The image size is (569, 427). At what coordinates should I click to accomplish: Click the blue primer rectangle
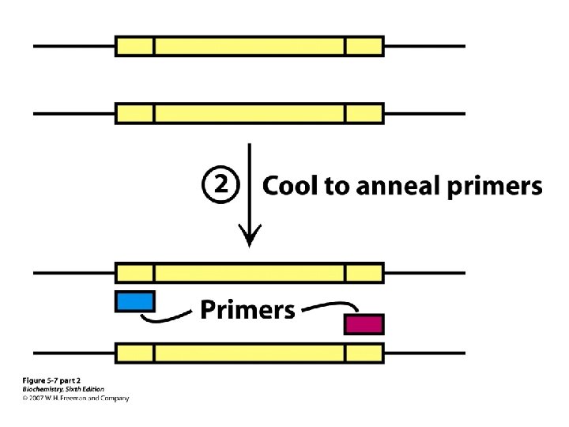(x=135, y=301)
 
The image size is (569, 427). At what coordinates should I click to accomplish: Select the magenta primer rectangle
(x=364, y=324)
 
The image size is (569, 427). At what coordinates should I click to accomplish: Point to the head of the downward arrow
(x=250, y=236)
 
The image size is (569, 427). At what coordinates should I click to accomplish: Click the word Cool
(x=288, y=187)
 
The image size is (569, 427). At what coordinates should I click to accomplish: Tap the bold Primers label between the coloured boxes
(x=247, y=309)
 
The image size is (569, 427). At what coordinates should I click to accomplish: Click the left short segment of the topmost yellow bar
(x=135, y=46)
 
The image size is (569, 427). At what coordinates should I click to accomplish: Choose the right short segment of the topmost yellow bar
(x=364, y=46)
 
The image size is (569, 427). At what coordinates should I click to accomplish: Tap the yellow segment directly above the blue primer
(x=135, y=273)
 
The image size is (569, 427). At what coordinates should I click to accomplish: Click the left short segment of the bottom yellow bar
(x=135, y=352)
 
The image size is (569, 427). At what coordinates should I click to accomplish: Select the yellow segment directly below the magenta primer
(x=364, y=352)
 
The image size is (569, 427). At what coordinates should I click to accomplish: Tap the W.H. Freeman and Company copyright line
(x=74, y=398)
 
